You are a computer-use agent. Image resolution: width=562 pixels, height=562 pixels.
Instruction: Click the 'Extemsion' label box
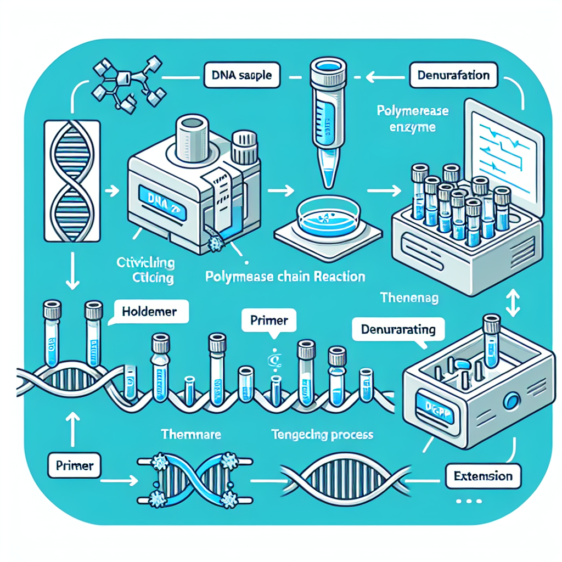click(483, 476)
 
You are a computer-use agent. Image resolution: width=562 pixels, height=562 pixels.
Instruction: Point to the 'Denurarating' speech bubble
click(398, 330)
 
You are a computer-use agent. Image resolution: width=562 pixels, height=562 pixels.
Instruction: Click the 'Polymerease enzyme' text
click(413, 119)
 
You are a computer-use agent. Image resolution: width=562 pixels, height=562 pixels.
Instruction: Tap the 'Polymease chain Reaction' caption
click(285, 276)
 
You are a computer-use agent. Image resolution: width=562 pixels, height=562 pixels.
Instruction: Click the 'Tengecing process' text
click(322, 435)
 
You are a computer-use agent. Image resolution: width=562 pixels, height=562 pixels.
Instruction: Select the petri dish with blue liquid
click(327, 218)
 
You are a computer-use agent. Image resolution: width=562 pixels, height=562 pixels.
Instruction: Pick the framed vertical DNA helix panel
click(71, 181)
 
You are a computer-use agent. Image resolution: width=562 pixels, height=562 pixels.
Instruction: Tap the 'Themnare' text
click(191, 434)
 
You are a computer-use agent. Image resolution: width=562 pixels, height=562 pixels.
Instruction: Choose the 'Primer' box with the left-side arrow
click(75, 467)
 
